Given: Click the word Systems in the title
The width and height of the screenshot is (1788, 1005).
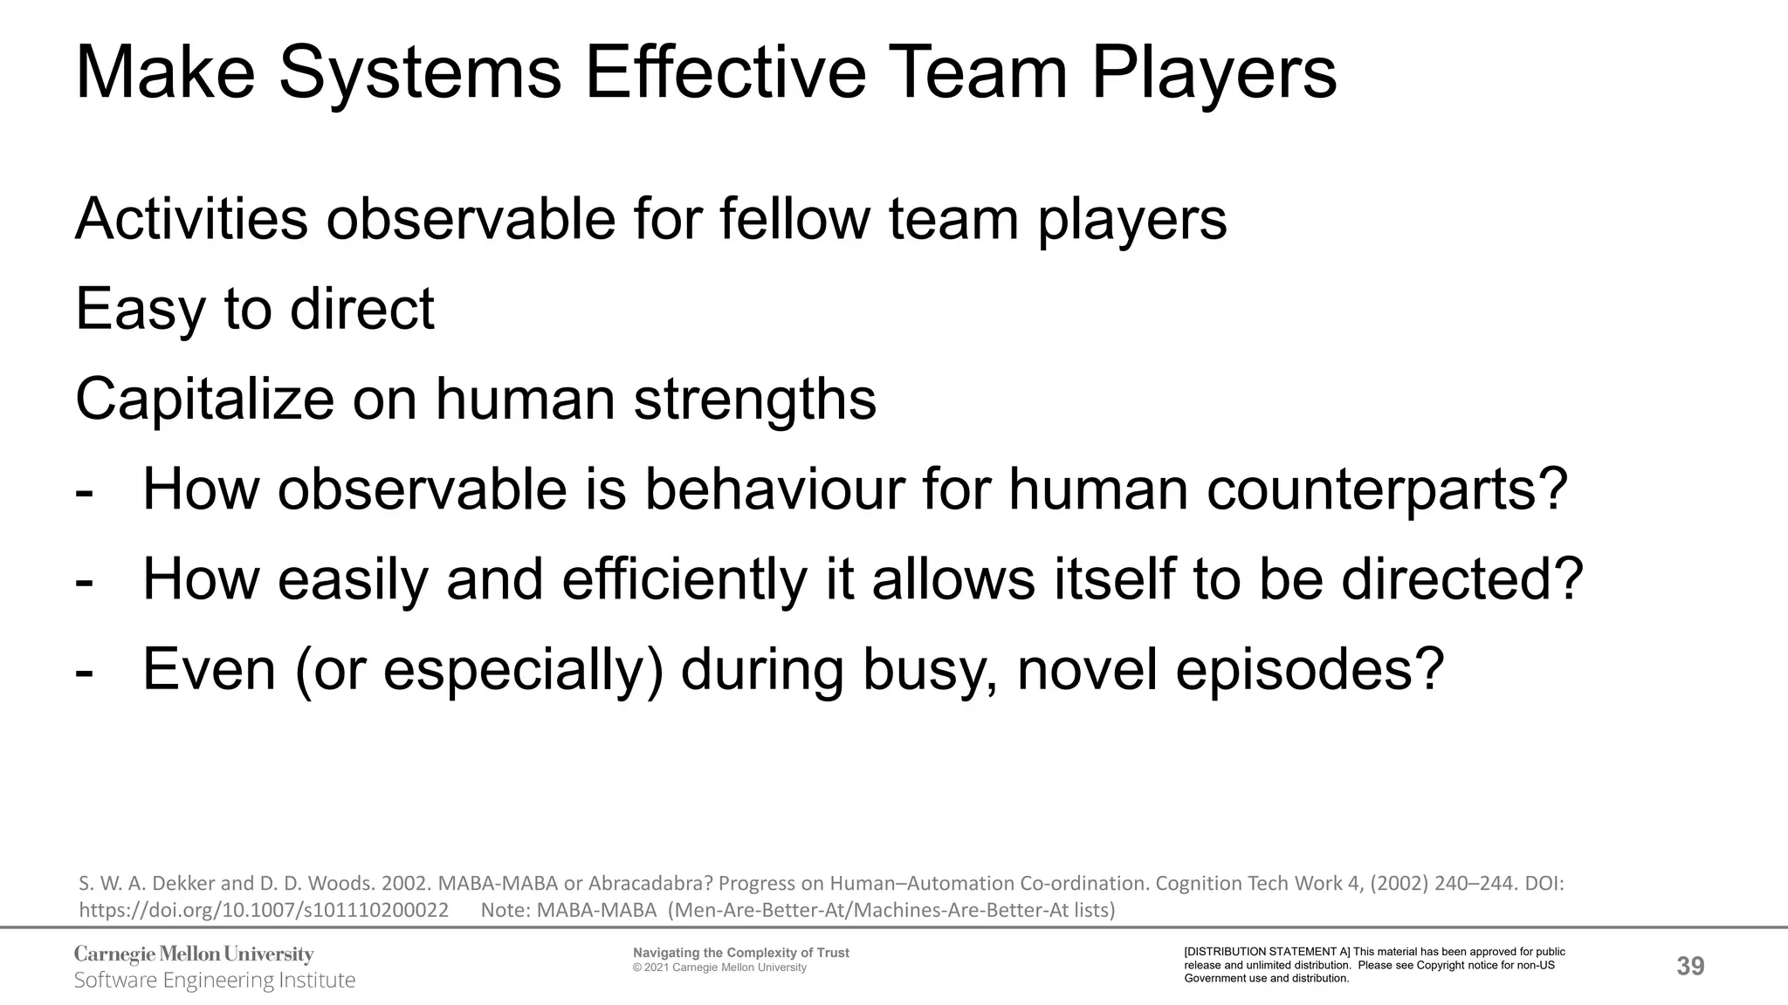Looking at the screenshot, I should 419,73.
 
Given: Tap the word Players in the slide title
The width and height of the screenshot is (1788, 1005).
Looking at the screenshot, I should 1214,73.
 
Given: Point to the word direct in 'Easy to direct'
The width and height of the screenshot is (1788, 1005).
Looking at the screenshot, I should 361,309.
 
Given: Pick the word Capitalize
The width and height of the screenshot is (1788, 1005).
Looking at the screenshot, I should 204,400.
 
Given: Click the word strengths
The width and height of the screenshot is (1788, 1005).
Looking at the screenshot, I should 754,400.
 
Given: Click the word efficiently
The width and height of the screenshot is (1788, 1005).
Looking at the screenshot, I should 684,580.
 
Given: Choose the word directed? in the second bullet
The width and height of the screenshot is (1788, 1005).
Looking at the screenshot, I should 1462,580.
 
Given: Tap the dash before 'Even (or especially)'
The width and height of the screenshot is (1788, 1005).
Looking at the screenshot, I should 85,672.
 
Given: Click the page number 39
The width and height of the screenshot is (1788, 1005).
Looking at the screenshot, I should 1690,966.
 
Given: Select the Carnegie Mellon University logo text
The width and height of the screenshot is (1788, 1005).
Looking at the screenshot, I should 194,954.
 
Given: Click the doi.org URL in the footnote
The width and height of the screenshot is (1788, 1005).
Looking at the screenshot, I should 264,911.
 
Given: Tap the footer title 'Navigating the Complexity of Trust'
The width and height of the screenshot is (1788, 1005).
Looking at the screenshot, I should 740,953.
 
